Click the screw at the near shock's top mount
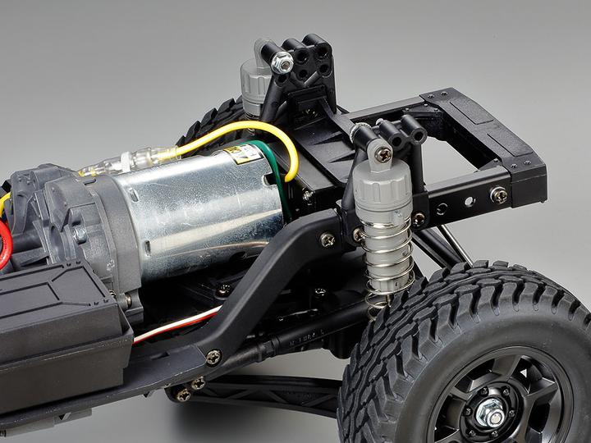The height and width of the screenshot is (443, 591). coord(383,151)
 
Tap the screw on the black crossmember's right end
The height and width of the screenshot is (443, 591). coord(498,194)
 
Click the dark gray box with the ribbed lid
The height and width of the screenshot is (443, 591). coord(57,312)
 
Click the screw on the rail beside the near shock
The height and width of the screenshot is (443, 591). coord(328,240)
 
